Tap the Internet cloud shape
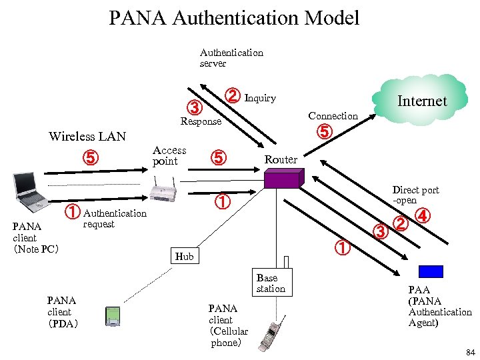(x=421, y=100)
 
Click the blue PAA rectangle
(x=431, y=271)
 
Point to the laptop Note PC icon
(x=28, y=190)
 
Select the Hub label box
(x=185, y=256)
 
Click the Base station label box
(x=270, y=283)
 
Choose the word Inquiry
(x=260, y=98)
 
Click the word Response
(x=201, y=121)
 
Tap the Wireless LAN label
(x=87, y=137)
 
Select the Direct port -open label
(x=415, y=195)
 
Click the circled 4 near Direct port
(x=423, y=216)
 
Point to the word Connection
(x=333, y=116)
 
